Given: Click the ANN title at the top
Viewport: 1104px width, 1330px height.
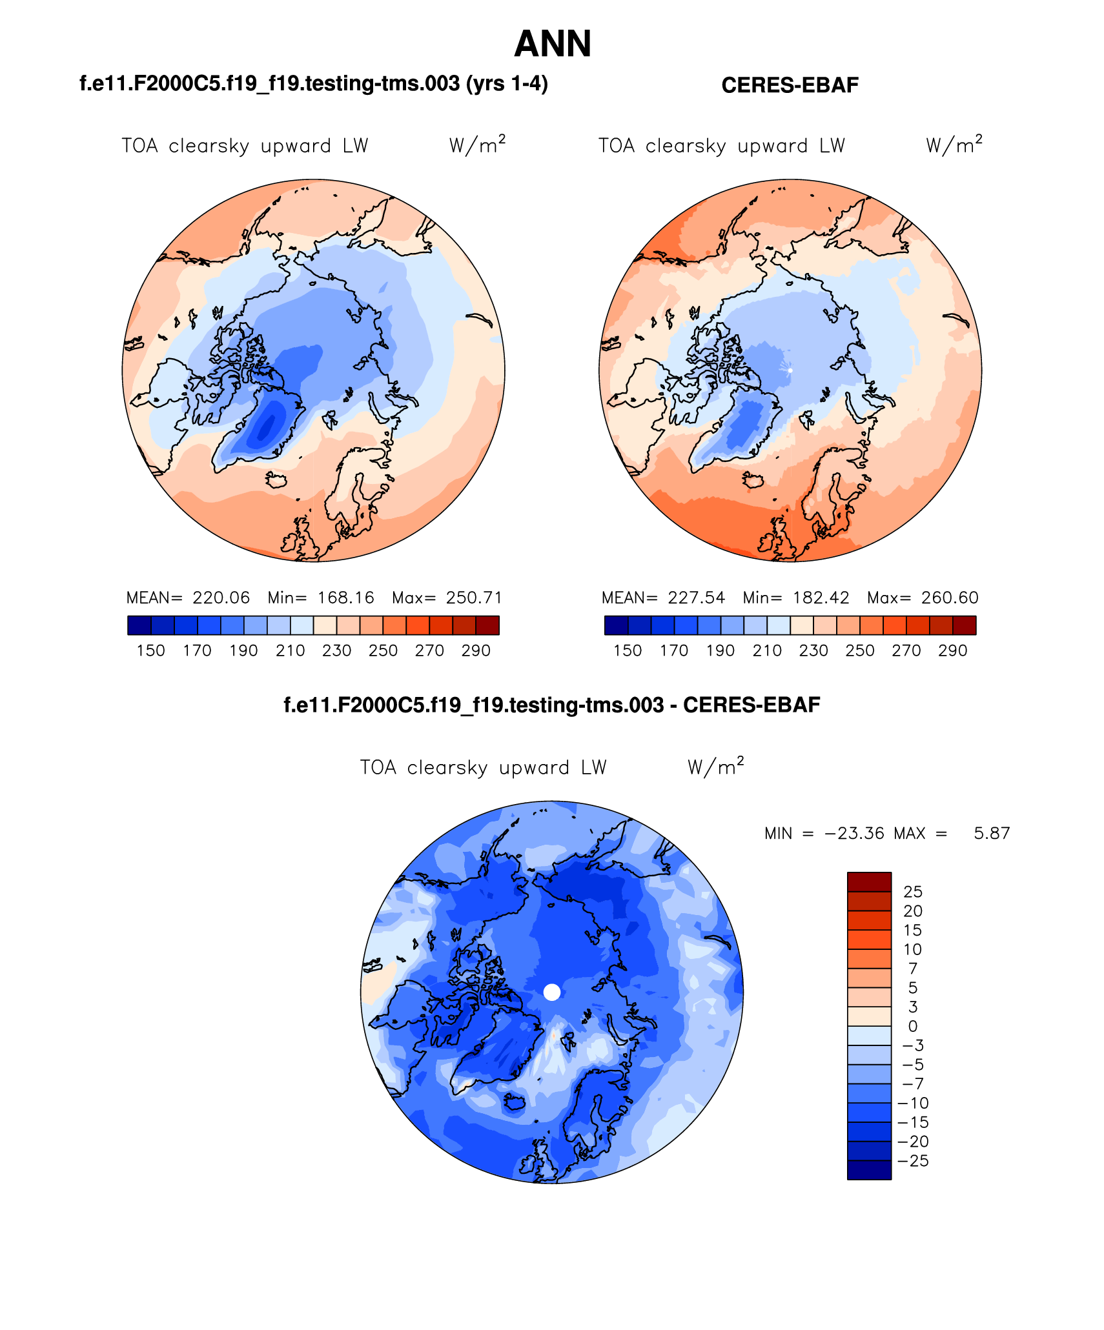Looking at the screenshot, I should click(x=552, y=44).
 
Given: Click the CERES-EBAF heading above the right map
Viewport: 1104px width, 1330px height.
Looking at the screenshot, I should click(x=790, y=85).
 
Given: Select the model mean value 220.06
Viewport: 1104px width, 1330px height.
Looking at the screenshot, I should click(x=221, y=598).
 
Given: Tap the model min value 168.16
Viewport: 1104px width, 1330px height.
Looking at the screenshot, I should click(x=345, y=598).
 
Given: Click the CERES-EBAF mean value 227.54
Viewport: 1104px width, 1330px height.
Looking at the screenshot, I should click(x=696, y=598).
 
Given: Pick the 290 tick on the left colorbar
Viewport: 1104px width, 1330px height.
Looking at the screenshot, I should click(x=476, y=650).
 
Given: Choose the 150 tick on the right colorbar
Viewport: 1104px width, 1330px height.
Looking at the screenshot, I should click(x=628, y=650).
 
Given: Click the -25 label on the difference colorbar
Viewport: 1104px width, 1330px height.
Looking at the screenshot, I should click(x=913, y=1161).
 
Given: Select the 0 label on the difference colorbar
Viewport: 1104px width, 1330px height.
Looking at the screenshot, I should click(x=912, y=1026).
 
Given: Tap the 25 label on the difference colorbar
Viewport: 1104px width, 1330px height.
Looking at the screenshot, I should click(x=913, y=892).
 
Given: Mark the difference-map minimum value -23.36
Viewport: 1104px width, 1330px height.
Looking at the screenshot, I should click(x=854, y=833).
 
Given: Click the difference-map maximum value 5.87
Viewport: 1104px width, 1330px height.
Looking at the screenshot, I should click(x=992, y=833).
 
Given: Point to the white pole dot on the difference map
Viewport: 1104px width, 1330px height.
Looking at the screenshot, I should click(x=552, y=992).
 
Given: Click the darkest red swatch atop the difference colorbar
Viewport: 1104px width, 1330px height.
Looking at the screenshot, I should click(x=869, y=882).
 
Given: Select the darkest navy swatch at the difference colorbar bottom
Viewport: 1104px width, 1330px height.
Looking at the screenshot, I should click(x=869, y=1170).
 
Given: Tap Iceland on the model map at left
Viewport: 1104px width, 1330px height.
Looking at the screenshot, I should click(x=276, y=479).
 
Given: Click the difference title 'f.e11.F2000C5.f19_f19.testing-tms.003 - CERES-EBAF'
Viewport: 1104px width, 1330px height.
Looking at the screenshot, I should click(x=552, y=705).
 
